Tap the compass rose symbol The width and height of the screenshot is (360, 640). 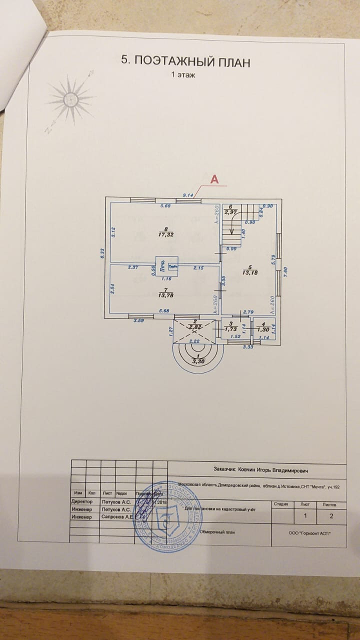click(x=70, y=100)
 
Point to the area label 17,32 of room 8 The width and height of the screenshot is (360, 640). click(x=158, y=233)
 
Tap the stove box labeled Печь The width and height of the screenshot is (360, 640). click(x=162, y=266)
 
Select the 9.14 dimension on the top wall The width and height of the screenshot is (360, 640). click(x=188, y=195)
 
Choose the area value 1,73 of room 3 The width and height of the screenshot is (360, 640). click(x=230, y=329)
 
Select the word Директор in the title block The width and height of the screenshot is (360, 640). click(x=82, y=500)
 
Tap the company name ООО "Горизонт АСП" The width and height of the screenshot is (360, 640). click(x=309, y=533)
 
